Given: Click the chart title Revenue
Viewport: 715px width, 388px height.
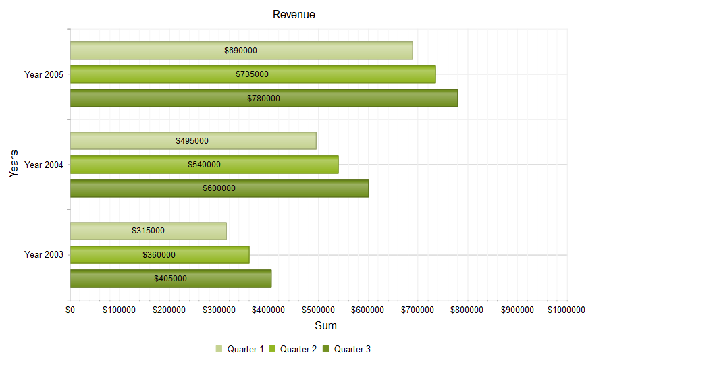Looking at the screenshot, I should click(294, 14).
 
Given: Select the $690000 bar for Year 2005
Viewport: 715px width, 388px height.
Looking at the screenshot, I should click(241, 51).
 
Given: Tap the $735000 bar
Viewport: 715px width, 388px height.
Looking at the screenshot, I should click(253, 74).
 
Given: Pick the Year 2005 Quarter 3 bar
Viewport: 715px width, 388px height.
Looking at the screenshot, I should click(263, 98).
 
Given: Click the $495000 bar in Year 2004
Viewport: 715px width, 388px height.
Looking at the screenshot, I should click(192, 141).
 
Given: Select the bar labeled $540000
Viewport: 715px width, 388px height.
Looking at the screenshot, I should click(204, 165).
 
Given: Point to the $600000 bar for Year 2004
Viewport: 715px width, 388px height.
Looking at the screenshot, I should click(219, 188).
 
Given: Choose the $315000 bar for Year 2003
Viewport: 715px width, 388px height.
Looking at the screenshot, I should click(148, 231).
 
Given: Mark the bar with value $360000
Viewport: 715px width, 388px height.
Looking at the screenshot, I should click(159, 255).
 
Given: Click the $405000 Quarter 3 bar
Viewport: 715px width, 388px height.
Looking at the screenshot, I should click(170, 279).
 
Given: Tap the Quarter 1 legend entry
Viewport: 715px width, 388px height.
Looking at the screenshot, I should click(240, 349).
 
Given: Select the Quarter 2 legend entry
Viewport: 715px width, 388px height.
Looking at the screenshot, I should click(293, 349).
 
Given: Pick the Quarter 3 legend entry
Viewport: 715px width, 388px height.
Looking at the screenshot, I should click(347, 349).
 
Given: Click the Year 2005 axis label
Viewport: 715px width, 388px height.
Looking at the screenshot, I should click(44, 74).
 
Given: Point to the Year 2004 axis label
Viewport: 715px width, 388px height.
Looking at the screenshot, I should click(44, 165).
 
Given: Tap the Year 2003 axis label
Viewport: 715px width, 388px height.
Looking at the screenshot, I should click(44, 254).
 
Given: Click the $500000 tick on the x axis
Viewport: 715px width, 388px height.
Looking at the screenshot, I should click(318, 310).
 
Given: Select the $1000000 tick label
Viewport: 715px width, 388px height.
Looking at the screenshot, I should click(566, 310).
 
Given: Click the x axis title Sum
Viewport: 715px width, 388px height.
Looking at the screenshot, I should click(326, 325).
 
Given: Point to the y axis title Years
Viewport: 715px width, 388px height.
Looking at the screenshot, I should click(14, 164).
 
